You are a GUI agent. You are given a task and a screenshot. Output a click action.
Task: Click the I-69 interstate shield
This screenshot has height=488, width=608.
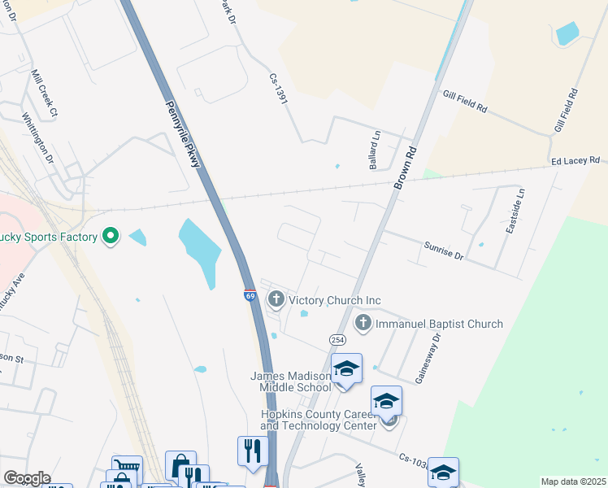250,297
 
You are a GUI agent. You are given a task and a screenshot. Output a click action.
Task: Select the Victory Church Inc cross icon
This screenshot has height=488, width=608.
276,300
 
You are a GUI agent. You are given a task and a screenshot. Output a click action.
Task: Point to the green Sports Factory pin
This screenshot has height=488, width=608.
111,237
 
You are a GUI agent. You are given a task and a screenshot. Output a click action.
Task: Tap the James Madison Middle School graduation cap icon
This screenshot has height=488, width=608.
347,368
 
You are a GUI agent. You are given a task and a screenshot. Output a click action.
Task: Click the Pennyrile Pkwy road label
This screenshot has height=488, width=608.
183,134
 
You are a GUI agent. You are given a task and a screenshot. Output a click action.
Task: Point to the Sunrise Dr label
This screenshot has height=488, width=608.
443,250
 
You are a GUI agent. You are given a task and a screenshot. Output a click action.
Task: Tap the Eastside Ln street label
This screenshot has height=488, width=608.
515,212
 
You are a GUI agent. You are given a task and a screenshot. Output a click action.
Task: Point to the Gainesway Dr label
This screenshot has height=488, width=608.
428,359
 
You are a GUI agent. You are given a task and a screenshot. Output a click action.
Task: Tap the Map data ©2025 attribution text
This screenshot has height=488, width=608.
572,481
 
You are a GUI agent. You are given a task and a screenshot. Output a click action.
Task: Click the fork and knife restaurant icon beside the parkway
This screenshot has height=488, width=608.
252,450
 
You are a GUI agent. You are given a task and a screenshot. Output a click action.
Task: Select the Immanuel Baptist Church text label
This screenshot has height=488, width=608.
439,324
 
